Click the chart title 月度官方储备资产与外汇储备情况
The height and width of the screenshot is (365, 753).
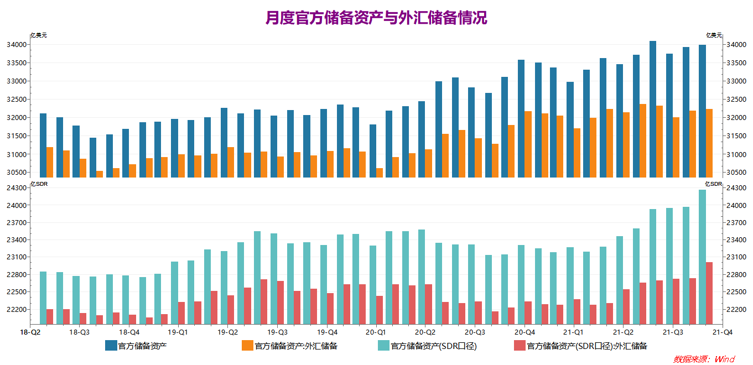coord(376,18)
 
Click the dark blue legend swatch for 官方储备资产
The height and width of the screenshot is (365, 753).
coord(111,346)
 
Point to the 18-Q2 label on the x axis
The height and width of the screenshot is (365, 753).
coord(30,332)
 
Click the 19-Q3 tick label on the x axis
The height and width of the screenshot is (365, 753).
coord(277,332)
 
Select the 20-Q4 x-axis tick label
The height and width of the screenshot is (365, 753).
coord(524,332)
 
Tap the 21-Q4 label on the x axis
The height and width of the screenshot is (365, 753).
coord(722,332)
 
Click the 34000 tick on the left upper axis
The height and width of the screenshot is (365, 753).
coord(17,45)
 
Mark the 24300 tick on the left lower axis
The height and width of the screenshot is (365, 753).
coord(17,188)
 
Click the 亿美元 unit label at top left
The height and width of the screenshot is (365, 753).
coord(39,35)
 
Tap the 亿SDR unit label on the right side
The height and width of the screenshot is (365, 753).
coord(713,184)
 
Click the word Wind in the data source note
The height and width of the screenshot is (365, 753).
coord(725,359)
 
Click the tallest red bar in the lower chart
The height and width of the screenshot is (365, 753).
coord(709,293)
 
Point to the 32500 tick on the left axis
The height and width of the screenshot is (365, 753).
coord(17,100)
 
